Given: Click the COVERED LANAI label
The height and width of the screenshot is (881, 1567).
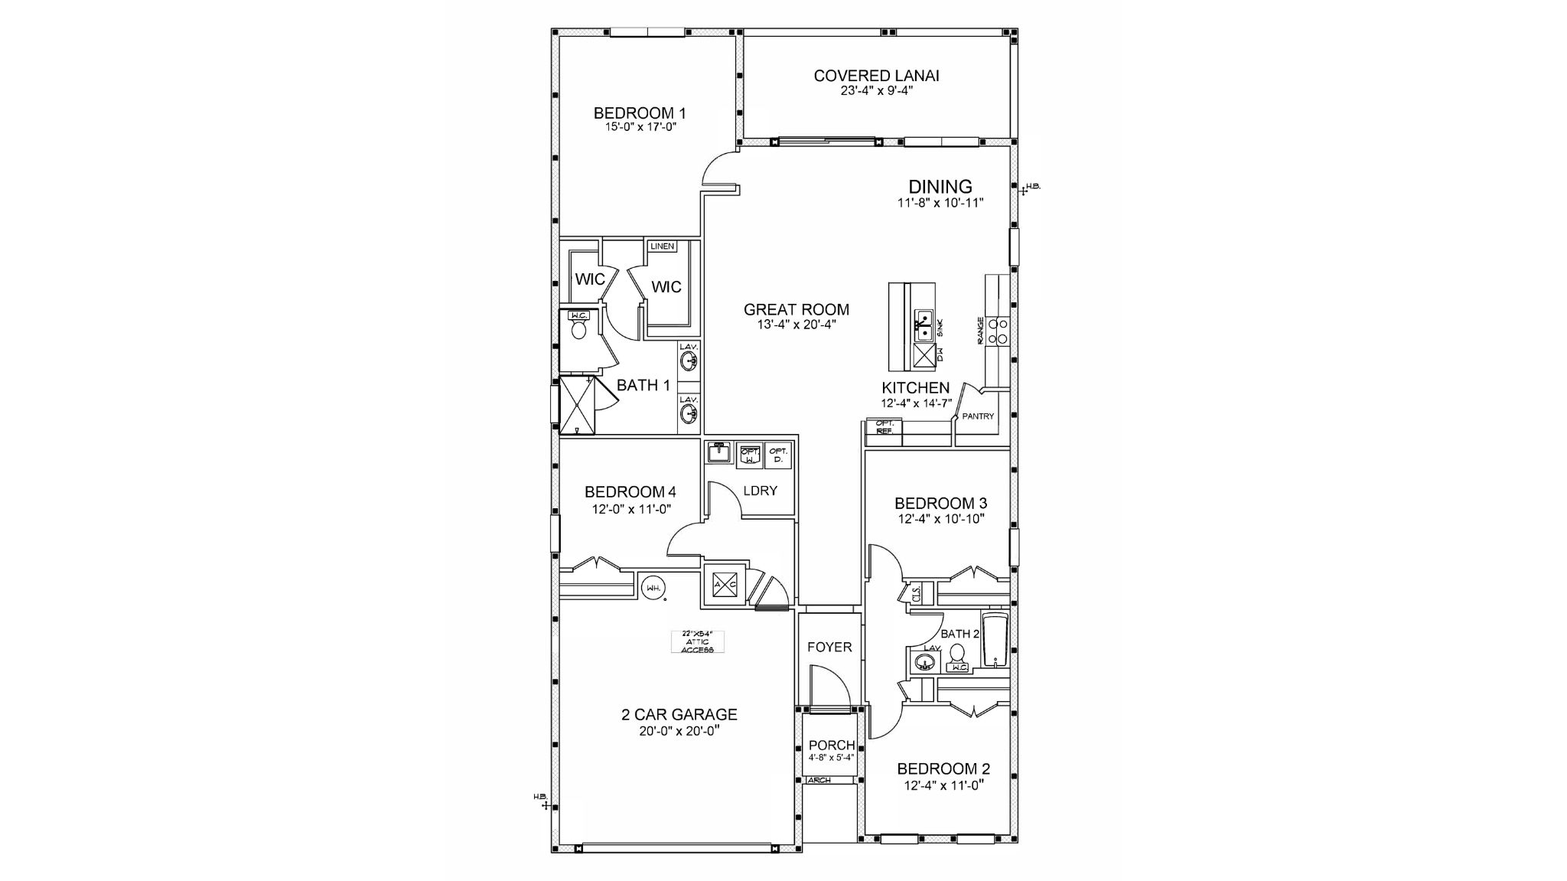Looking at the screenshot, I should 876,76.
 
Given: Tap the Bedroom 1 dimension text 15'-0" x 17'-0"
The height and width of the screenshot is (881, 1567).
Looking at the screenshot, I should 639,127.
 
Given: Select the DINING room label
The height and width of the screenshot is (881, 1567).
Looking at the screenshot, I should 940,187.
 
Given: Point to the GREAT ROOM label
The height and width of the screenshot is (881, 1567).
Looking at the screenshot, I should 797,310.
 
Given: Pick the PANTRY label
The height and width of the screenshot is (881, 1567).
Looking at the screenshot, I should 978,416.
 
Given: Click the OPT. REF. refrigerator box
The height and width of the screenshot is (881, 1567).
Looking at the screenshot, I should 884,427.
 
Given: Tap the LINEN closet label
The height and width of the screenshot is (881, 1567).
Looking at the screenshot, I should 662,246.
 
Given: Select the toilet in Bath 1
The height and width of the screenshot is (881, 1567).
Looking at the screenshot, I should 579,330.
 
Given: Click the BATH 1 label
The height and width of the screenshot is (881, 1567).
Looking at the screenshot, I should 643,385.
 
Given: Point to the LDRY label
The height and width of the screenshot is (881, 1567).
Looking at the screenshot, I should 760,491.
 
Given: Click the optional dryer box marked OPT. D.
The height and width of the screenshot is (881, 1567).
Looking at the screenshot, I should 778,455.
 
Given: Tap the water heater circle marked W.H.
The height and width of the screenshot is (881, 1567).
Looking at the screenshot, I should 653,588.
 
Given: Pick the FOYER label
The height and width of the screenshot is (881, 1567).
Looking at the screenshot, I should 829,648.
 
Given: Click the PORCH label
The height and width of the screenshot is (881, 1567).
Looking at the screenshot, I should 832,746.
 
